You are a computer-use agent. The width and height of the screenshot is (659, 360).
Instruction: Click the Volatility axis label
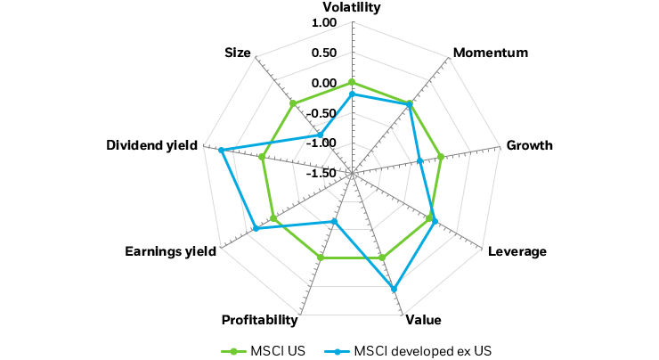point(352,7)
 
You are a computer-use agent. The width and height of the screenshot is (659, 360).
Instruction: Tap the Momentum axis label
point(490,53)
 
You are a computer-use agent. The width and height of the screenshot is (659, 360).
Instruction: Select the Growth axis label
point(529,145)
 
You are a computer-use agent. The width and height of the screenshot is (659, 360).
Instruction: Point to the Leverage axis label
point(517,251)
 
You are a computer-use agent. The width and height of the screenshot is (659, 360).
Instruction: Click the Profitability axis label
point(258,319)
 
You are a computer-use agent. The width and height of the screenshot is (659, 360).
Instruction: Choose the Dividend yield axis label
point(152,145)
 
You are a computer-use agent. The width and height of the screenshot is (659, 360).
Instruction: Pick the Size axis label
point(238,53)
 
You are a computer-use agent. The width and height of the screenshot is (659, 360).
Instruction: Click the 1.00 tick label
point(325,22)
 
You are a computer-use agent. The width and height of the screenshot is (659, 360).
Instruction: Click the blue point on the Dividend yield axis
point(221,150)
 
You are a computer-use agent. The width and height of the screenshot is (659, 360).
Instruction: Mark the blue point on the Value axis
point(394,288)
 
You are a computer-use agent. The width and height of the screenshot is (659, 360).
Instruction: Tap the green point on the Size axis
point(293,104)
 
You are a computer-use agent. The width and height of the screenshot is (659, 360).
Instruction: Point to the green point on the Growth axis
point(441,158)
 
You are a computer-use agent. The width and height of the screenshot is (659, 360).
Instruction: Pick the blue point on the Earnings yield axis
point(256,229)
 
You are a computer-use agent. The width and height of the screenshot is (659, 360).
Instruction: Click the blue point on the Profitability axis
point(334,222)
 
